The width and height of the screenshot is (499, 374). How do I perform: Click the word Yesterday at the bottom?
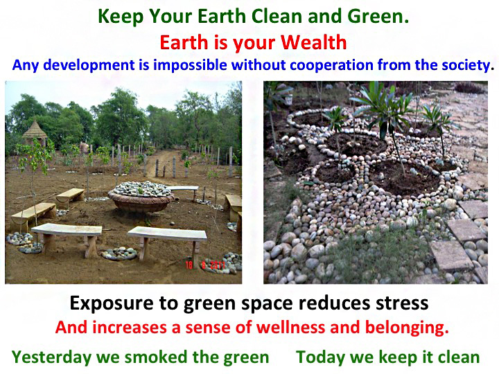click(51, 357)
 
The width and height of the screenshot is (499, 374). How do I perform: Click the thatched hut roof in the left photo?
click(35, 130)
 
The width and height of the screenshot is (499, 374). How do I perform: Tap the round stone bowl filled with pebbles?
click(141, 196)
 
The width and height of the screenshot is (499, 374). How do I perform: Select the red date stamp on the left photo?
click(206, 265)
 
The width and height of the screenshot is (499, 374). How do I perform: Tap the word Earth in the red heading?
click(184, 42)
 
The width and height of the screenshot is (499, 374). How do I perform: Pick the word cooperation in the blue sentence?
click(331, 65)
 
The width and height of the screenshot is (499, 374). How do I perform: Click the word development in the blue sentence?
click(89, 65)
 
